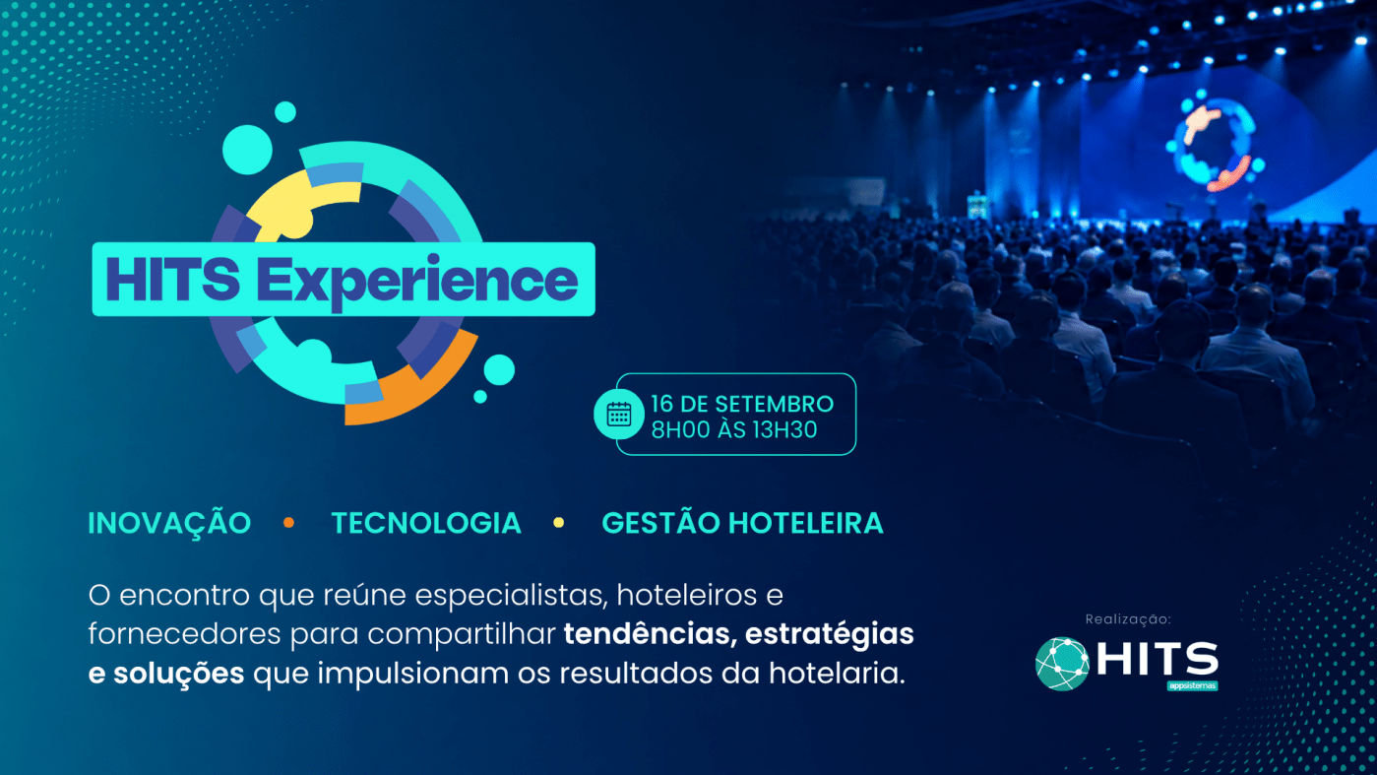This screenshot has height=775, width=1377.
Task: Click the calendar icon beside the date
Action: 618,414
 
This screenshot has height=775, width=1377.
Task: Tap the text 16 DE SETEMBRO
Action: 742,404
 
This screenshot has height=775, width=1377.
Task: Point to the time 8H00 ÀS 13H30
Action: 734,430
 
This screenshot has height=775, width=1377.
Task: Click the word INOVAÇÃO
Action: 169,523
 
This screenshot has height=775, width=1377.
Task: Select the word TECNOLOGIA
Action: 426,524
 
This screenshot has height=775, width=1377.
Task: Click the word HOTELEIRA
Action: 806,524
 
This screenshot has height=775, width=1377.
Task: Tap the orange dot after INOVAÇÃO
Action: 288,523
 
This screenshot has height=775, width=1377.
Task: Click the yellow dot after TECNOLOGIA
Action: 559,523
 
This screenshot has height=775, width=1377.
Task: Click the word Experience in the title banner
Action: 416,281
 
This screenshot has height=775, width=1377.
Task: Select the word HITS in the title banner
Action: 172,280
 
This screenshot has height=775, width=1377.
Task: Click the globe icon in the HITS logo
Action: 1062,664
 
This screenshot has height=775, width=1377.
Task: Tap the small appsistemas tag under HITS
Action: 1192,685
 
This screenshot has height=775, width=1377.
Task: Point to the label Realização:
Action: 1127,619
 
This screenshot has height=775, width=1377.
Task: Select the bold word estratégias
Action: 830,635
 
